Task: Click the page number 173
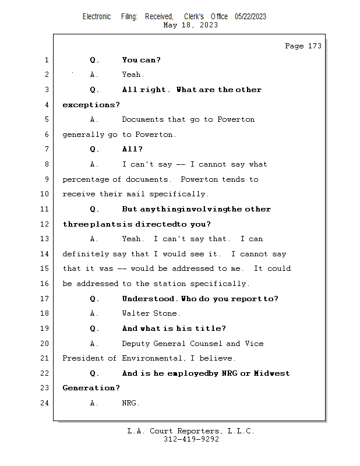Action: point(315,46)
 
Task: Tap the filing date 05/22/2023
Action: point(250,16)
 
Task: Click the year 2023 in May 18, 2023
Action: point(209,25)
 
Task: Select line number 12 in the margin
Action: point(44,224)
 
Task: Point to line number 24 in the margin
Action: point(44,403)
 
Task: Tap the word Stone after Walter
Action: point(165,313)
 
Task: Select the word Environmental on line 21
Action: point(151,358)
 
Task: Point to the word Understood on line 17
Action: point(148,298)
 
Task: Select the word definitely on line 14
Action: point(86,254)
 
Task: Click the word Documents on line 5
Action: point(143,119)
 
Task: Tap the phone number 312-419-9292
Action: point(191,439)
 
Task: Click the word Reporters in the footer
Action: point(198,431)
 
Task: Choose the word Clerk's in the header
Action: point(194,16)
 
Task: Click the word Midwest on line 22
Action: point(271,373)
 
